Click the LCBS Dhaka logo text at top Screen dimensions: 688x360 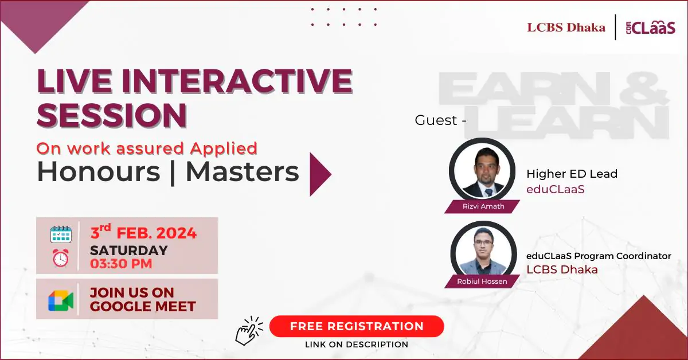click(x=566, y=28)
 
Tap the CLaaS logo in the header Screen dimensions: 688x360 click(x=651, y=28)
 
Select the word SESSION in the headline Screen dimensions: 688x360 click(x=112, y=115)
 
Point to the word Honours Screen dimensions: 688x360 click(x=99, y=172)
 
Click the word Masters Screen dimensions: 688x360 click(x=243, y=172)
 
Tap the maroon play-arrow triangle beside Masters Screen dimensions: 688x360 click(x=320, y=174)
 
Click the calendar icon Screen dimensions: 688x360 click(x=61, y=234)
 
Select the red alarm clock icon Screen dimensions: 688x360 click(x=61, y=258)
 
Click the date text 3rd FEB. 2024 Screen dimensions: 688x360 click(x=143, y=232)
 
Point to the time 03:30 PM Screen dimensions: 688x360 click(x=121, y=264)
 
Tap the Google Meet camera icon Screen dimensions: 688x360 click(x=61, y=300)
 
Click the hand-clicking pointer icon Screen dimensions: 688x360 click(x=249, y=330)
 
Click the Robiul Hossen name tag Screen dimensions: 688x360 click(x=482, y=281)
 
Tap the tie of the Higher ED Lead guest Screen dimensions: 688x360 click(x=488, y=193)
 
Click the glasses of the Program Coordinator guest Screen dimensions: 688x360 click(x=483, y=242)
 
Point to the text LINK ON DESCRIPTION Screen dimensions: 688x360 click(x=357, y=345)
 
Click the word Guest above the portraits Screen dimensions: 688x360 click(x=436, y=120)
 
